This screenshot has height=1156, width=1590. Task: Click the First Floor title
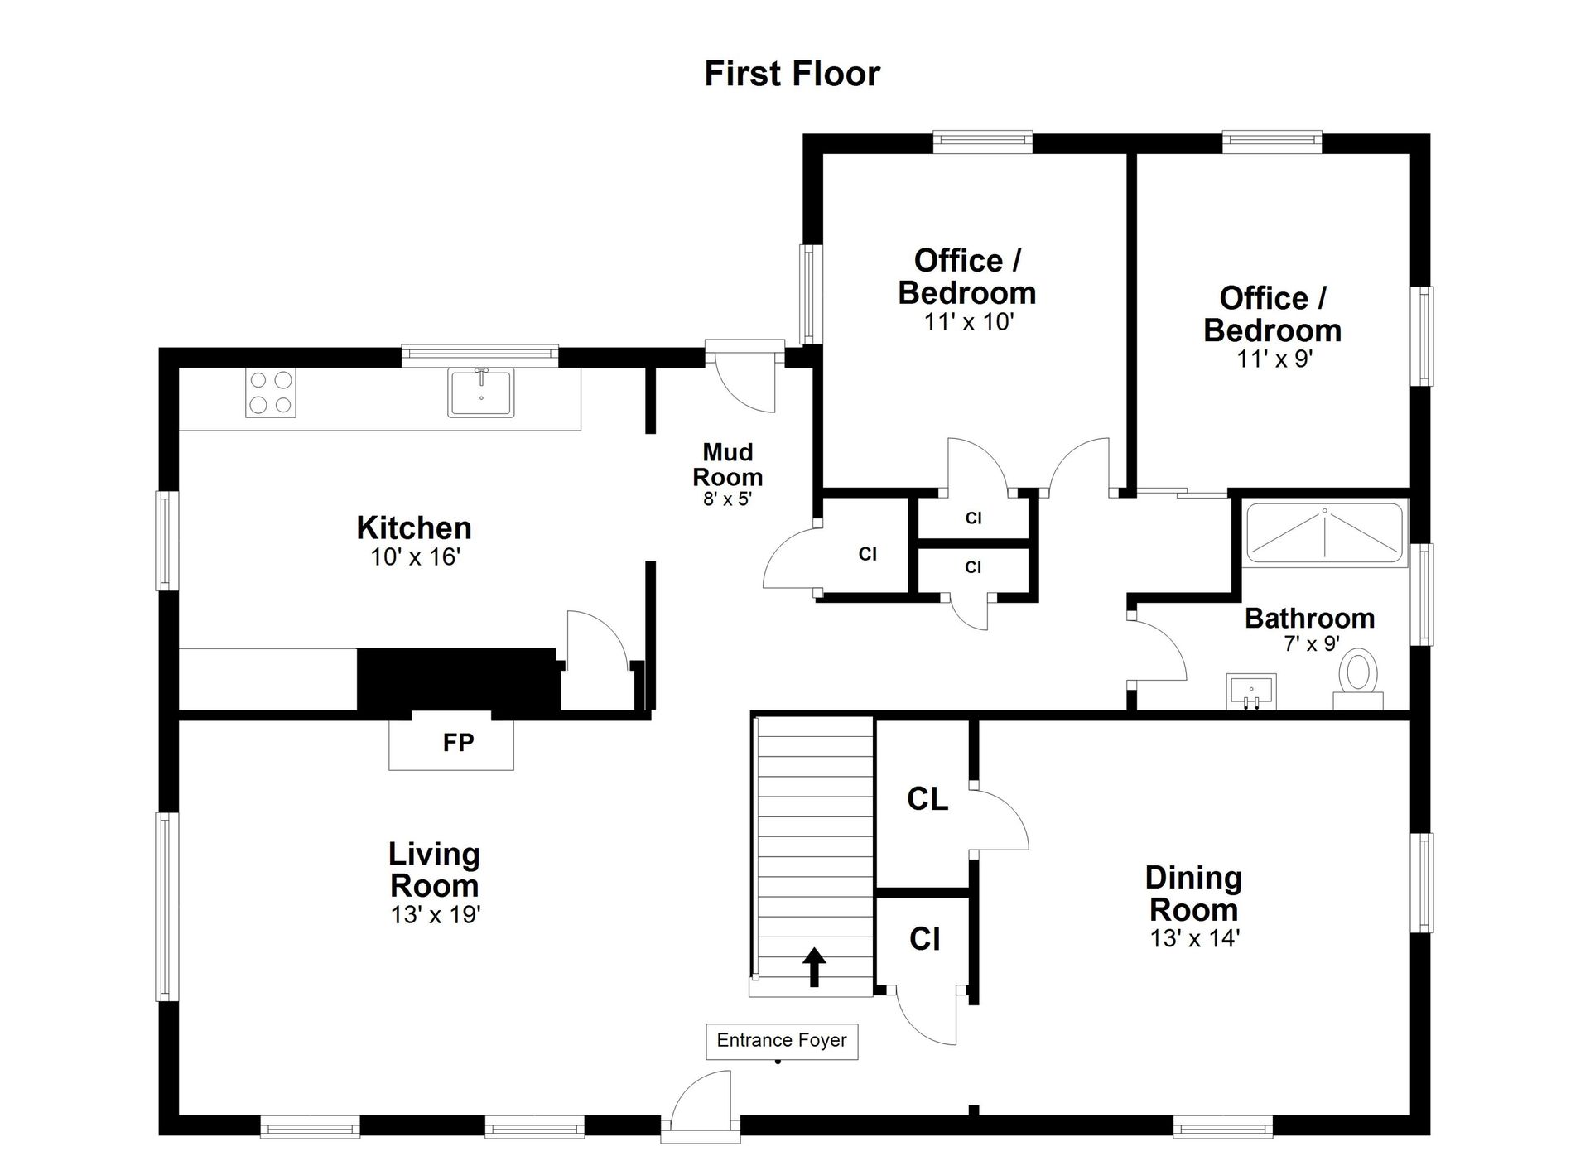(792, 74)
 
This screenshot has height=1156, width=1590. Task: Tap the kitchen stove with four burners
(271, 393)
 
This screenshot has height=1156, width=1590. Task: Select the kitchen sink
(481, 392)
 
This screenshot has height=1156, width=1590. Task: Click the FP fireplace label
(458, 742)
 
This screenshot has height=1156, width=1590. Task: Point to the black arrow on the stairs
(815, 967)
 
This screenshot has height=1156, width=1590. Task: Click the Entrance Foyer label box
(782, 1041)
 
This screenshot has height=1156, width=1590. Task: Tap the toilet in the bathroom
(1358, 681)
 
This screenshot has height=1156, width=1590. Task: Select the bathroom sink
(1250, 691)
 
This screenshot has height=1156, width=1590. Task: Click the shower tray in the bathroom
(1324, 534)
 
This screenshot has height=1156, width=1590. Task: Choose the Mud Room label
(728, 465)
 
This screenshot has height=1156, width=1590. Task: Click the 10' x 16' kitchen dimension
(415, 557)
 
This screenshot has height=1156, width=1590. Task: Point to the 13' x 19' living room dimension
(436, 915)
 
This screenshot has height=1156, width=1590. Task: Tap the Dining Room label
(1193, 893)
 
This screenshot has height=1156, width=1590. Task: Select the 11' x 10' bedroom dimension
(969, 322)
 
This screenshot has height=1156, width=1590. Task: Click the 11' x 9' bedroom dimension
(1275, 359)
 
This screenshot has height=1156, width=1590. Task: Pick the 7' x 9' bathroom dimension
(1312, 643)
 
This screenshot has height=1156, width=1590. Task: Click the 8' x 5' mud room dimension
(727, 499)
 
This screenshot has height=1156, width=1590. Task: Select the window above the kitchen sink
(480, 355)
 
